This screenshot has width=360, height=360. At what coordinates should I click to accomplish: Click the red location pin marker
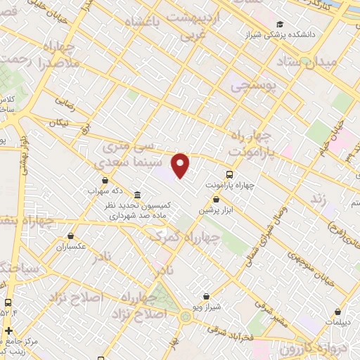pyautogui.click(x=181, y=165)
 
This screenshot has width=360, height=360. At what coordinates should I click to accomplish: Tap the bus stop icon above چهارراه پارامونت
pyautogui.click(x=229, y=173)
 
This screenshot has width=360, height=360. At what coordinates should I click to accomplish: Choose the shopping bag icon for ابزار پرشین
pyautogui.click(x=216, y=200)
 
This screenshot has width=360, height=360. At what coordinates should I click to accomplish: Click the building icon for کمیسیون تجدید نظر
pyautogui.click(x=136, y=195)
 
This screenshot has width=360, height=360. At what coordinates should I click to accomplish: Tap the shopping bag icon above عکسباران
pyautogui.click(x=71, y=236)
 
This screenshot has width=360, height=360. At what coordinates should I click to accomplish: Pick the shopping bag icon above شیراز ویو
pyautogui.click(x=205, y=297)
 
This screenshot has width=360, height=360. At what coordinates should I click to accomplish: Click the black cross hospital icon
pyautogui.click(x=8, y=330)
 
